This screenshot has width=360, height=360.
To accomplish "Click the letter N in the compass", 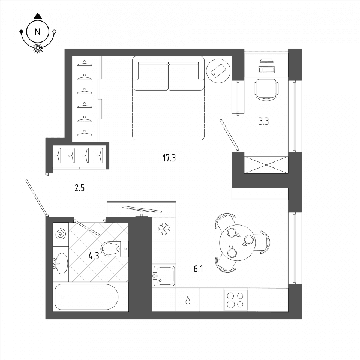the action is tap(37, 32).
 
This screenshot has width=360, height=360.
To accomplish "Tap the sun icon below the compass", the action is tap(38, 48).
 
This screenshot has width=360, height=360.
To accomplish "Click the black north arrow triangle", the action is tap(38, 16).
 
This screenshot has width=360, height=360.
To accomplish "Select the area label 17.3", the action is tap(169, 158).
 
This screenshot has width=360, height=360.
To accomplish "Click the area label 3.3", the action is tap(264, 121).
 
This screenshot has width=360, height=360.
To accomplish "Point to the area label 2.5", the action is tap(79, 188).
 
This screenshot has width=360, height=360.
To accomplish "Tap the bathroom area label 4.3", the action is tap(94, 256).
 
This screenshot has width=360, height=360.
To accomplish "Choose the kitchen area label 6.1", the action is tap(199, 269).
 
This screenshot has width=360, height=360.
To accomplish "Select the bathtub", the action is tap(86, 297).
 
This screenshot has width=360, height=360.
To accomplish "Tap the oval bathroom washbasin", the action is tap(62, 263).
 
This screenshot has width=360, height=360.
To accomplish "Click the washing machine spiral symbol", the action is tap(61, 235).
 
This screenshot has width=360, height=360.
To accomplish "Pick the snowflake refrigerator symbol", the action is tap(164, 229).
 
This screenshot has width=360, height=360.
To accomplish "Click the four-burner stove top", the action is tap(236, 300).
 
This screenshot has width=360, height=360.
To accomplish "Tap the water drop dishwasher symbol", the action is tap(188, 300).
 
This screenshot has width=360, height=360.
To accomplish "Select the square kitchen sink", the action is tap(164, 276).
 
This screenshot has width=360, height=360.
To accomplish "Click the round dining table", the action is tap(237, 242).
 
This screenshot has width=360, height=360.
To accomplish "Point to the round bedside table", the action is tap(218, 71).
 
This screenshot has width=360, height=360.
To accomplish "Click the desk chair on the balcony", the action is tap(266, 90).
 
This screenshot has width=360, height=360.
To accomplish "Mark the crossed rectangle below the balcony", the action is tap(266, 164).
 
